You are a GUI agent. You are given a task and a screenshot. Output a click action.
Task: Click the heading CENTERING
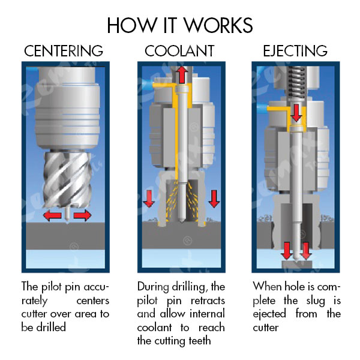64,50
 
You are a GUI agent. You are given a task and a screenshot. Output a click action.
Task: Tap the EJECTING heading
295,50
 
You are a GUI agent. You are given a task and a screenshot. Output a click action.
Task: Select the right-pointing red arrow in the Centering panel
82,215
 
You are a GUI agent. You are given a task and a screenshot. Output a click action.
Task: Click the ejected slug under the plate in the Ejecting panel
295,261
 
